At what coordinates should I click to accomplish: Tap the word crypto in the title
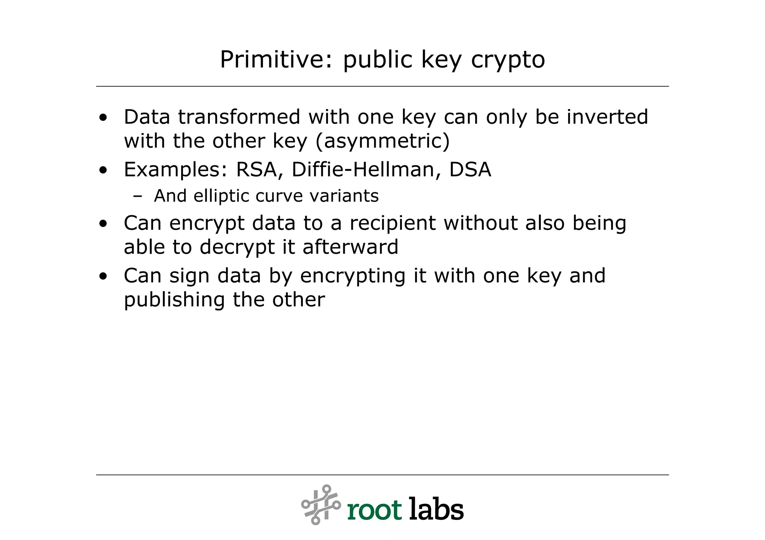508,60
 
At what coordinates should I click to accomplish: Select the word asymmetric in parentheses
383,141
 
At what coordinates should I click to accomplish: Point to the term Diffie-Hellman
362,169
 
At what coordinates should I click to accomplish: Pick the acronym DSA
470,169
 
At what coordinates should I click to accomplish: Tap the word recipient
393,223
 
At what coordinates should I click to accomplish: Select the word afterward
350,247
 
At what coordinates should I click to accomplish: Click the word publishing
174,300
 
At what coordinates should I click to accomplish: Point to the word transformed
239,117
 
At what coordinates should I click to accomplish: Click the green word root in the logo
374,510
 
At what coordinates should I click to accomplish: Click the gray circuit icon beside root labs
321,505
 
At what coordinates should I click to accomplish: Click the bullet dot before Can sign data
103,277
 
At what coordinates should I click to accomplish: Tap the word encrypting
353,276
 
